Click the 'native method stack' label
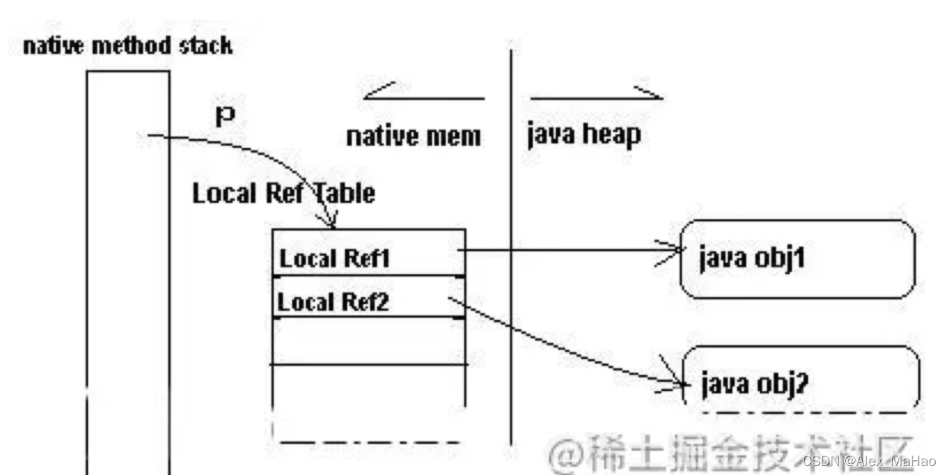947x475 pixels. point(127,46)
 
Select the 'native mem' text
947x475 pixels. point(413,137)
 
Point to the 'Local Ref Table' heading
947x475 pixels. point(284,194)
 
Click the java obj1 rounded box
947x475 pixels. point(797,258)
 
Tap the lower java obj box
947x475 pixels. point(800,380)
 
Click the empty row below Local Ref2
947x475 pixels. point(369,341)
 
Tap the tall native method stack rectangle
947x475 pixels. point(128,268)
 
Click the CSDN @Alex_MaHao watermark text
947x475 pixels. point(868,461)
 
